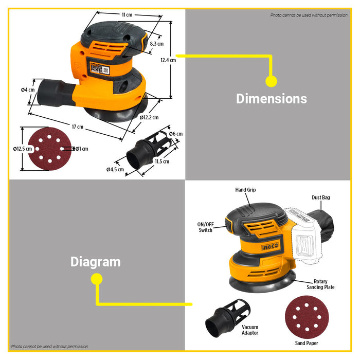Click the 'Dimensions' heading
[272, 99]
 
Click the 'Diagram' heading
[96, 262]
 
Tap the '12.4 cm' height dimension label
[168, 60]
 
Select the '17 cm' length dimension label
[78, 127]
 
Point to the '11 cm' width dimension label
[127, 15]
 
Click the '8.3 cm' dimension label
[156, 44]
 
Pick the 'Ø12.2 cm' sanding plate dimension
[149, 118]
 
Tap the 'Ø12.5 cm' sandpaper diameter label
[23, 149]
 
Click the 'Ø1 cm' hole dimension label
[82, 149]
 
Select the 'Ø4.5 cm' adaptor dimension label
[115, 169]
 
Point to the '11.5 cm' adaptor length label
[162, 161]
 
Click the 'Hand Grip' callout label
[245, 190]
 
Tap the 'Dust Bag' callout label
[321, 197]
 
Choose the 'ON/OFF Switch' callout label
[206, 227]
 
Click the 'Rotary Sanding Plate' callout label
[320, 284]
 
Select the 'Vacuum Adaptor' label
[250, 330]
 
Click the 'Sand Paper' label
[307, 343]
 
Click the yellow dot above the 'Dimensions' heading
[272, 81]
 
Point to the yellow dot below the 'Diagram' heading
[97, 279]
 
